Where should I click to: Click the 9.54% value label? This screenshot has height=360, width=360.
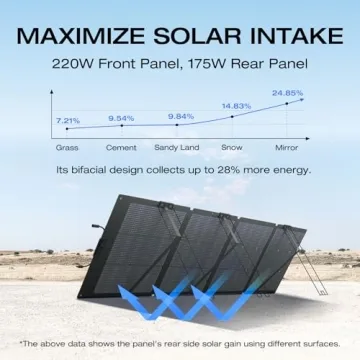pos(121,118)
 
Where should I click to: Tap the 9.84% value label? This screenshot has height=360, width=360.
pos(181,116)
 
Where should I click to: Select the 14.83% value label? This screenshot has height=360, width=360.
pos(237,106)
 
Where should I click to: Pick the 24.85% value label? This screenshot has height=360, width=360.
pos(287,93)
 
